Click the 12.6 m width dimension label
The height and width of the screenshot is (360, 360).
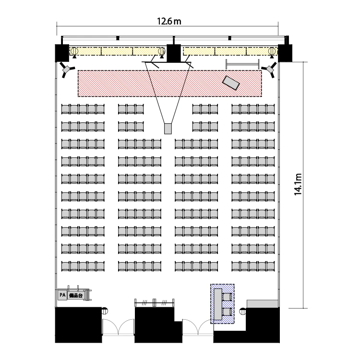pos(169,21)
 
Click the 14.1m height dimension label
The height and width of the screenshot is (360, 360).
pos(298,184)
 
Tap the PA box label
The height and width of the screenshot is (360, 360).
pos(62,295)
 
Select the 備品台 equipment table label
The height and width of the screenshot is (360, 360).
pos(76,296)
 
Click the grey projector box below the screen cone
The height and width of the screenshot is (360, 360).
pos(168,129)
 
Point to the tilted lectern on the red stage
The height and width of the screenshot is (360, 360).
pos(231,83)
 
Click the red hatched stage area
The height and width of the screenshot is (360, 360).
pos(169,84)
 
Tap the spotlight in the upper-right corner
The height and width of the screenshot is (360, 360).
pos(269,69)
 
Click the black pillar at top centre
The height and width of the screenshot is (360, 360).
pos(174,53)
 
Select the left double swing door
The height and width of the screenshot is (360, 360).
pos(118,327)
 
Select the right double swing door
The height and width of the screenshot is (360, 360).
pos(198,327)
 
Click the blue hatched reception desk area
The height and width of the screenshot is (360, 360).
pos(222,304)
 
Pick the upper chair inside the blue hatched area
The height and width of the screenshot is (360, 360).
pos(228,297)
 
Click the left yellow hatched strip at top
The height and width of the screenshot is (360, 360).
pos(117,51)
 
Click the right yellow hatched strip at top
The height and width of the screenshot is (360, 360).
pos(230,51)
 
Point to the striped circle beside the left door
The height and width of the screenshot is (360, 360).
pos(105,311)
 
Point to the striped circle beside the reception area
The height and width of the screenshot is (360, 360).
pos(243,312)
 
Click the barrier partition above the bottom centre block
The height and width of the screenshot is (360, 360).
pos(154,303)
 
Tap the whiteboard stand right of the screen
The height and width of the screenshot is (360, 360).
pos(242,64)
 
